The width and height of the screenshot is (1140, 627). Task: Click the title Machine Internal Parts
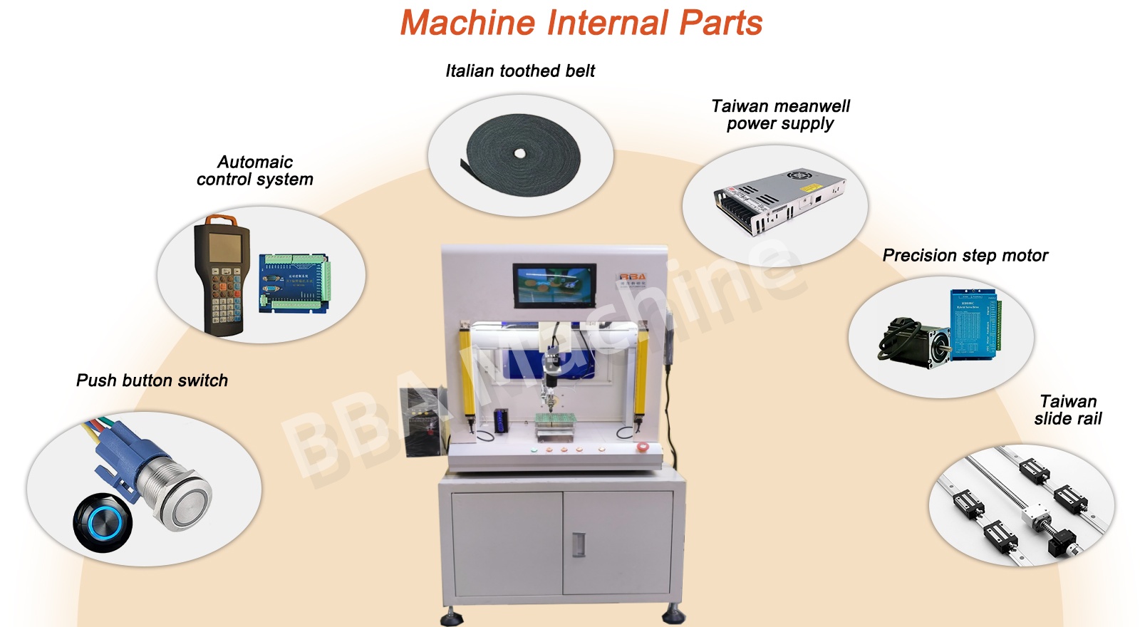tap(581, 23)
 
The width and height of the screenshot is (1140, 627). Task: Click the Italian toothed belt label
tap(520, 71)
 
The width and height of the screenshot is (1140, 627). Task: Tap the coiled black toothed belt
tap(523, 153)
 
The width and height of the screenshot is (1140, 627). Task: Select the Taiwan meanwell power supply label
tap(780, 115)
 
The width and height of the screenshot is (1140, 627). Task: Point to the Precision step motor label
tap(965, 255)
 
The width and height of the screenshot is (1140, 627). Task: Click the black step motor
tap(916, 343)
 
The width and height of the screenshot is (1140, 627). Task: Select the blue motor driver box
tap(974, 323)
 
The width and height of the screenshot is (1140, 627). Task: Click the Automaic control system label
tap(255, 170)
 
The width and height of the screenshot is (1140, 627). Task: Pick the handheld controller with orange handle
tap(221, 274)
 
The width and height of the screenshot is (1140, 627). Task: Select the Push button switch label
tap(152, 380)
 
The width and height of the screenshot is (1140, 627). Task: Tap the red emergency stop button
tap(642, 447)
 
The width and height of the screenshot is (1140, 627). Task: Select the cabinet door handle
tap(579, 544)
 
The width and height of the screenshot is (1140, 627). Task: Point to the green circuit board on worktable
tap(554, 420)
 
